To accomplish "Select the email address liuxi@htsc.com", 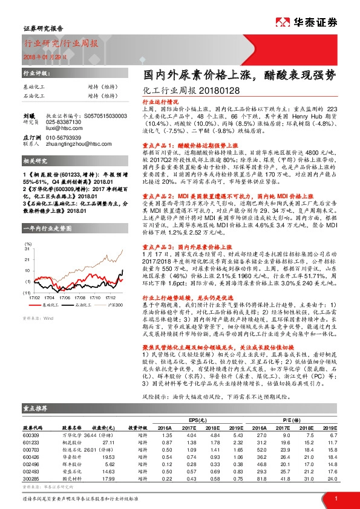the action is tap(61, 128).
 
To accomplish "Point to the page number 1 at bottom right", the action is tap(335, 498).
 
